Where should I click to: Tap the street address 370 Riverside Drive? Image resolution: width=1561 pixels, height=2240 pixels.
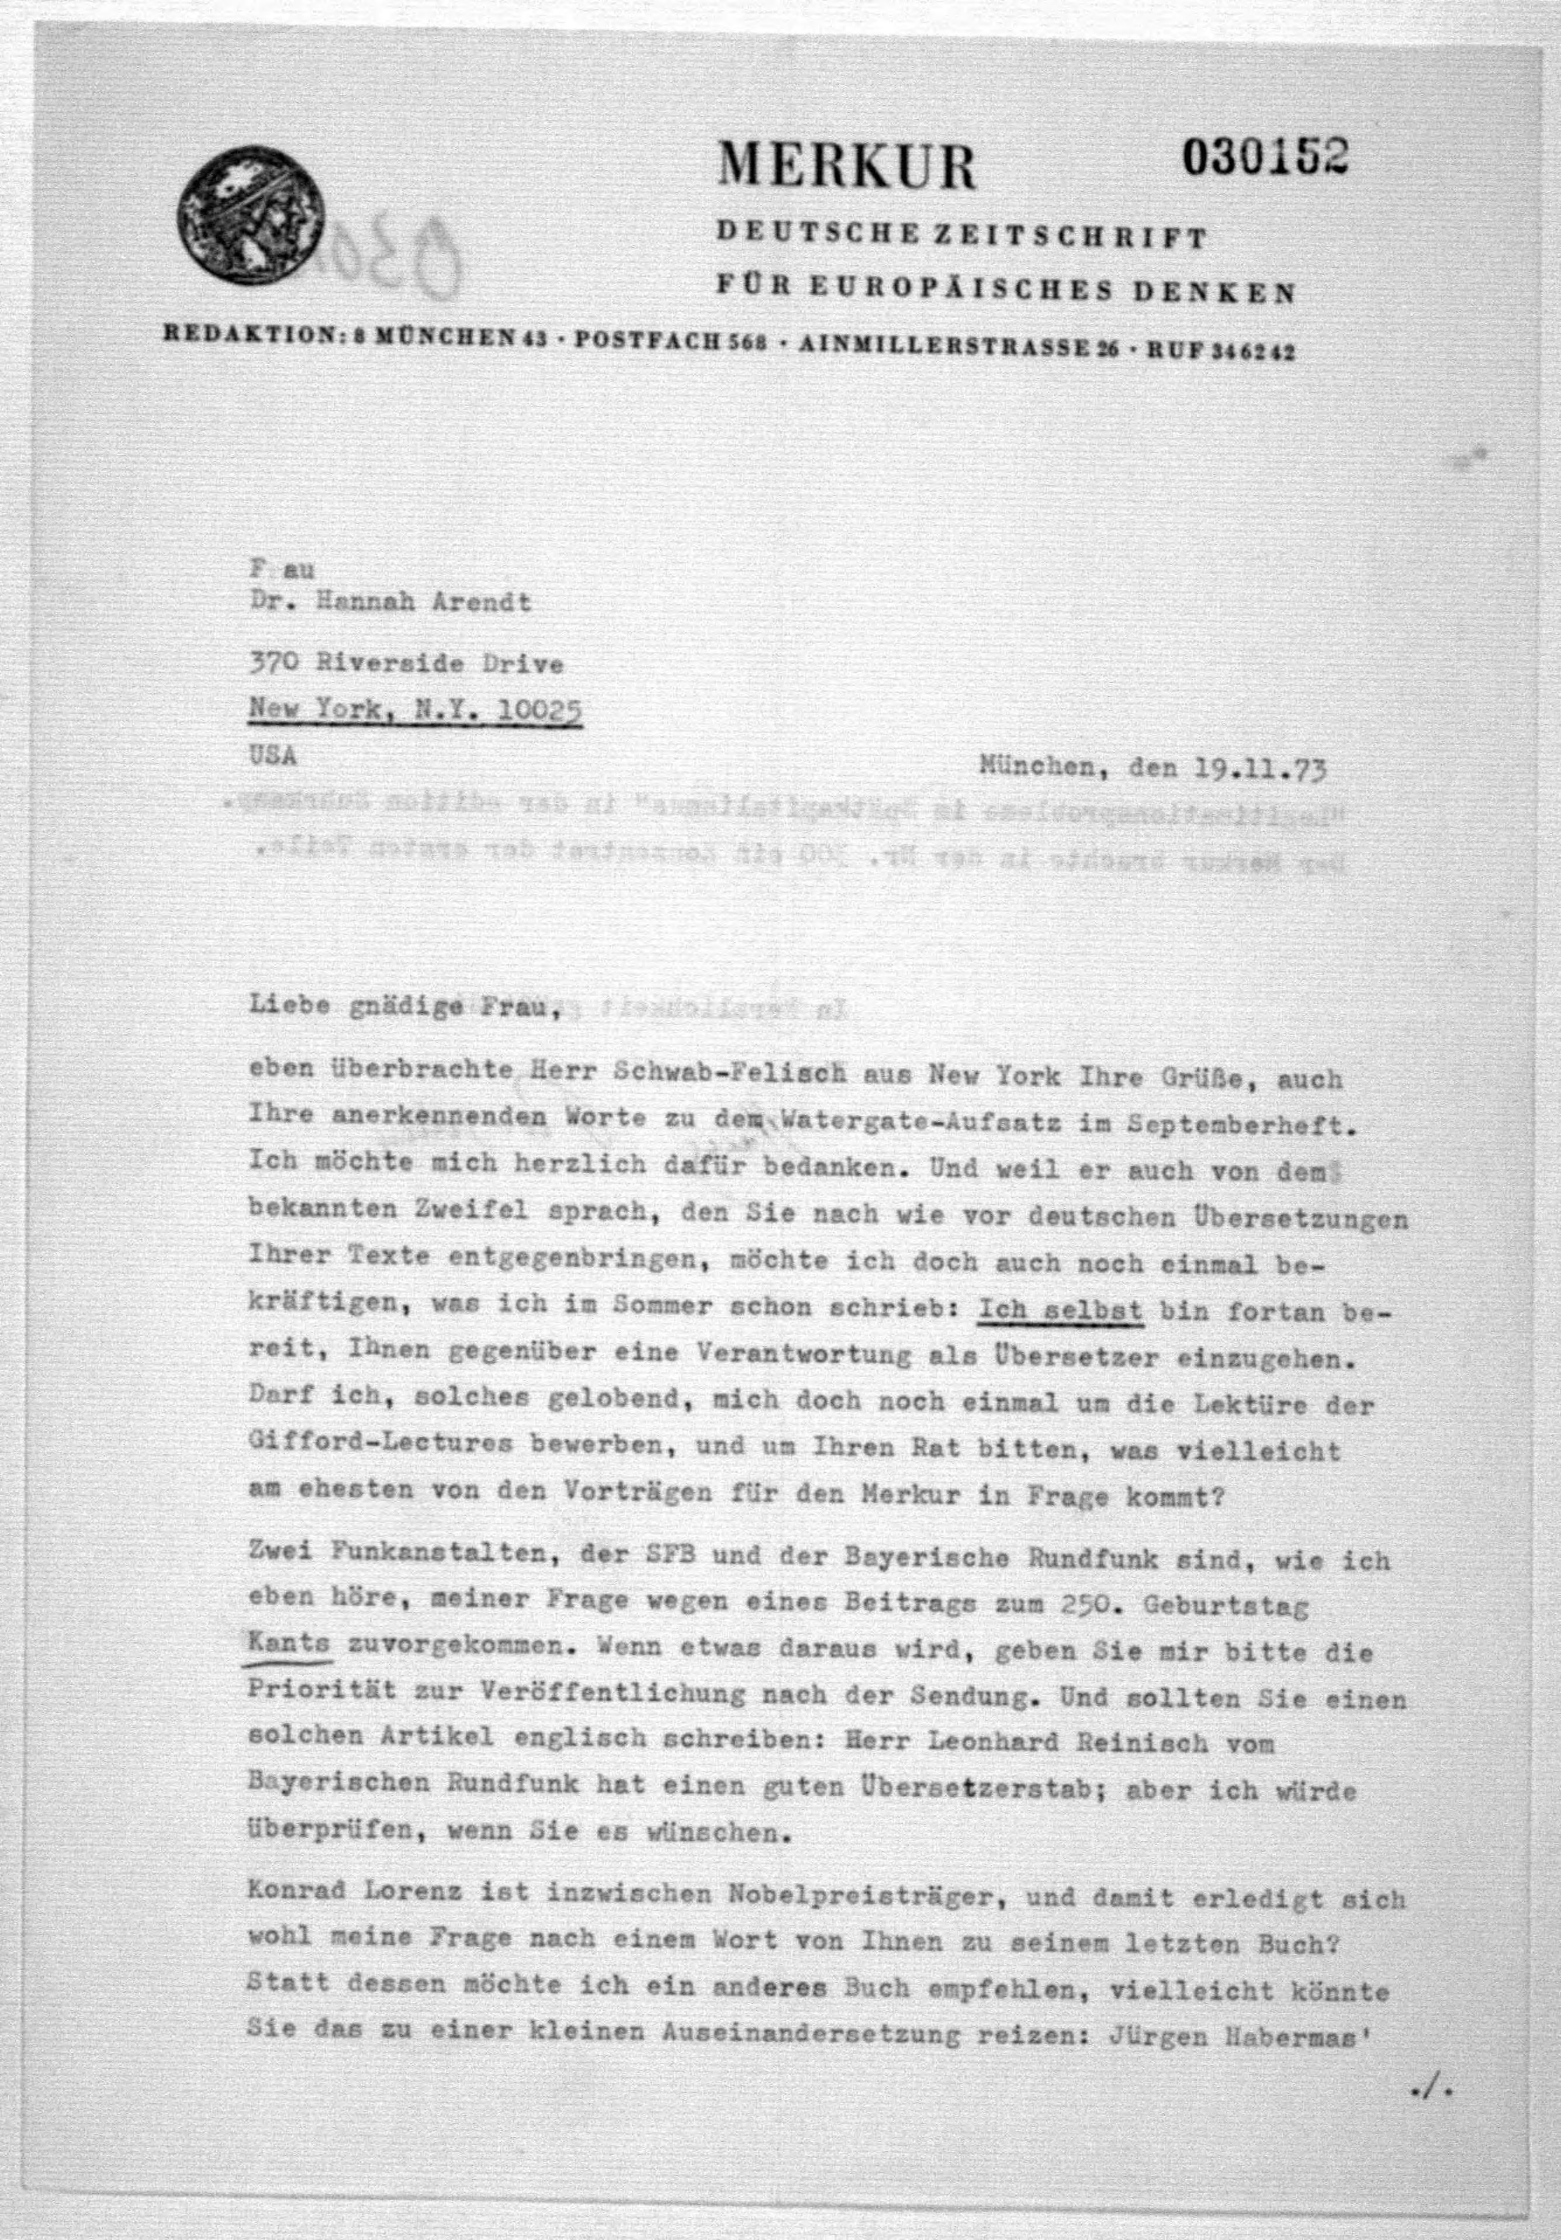tap(406, 665)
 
